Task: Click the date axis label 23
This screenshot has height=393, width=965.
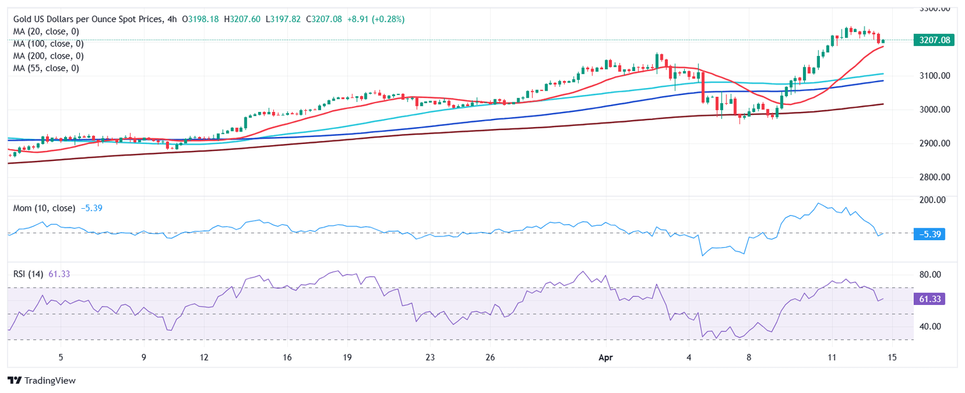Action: point(430,357)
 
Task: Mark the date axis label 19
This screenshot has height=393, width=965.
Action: point(347,357)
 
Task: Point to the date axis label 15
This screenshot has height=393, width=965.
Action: point(892,357)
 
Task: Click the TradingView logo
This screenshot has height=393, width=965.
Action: point(41,380)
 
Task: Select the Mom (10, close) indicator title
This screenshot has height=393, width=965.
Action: point(44,208)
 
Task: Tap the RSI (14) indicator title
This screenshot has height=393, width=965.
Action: point(28,274)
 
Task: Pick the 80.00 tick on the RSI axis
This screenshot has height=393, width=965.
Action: point(930,275)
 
